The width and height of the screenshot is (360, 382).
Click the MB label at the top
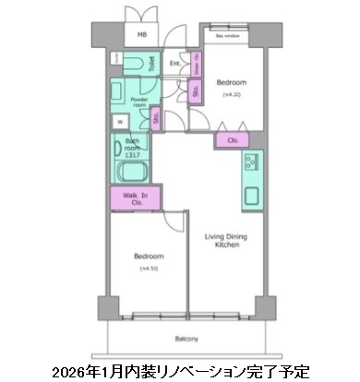142,35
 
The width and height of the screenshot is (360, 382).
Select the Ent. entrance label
175,64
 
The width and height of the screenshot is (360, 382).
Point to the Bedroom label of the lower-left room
148,256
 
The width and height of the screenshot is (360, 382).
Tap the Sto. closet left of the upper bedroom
196,90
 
